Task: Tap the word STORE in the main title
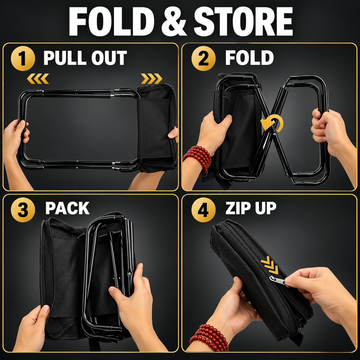pos(243,22)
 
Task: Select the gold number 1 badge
pos(23,59)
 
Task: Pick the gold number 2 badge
pos(203,59)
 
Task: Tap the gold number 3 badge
pos(23,210)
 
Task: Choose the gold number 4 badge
pos(203,210)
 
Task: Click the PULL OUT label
pos(85,58)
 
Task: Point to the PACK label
pos(67,208)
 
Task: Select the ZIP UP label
pos(251,208)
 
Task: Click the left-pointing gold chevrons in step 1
pos(38,79)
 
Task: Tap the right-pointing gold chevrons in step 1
pos(151,79)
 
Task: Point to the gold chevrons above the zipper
pos(270,265)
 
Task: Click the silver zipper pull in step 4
pos(277,280)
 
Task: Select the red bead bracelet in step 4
pos(209,338)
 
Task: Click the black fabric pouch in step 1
pos(157,127)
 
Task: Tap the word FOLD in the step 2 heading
pos(249,58)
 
